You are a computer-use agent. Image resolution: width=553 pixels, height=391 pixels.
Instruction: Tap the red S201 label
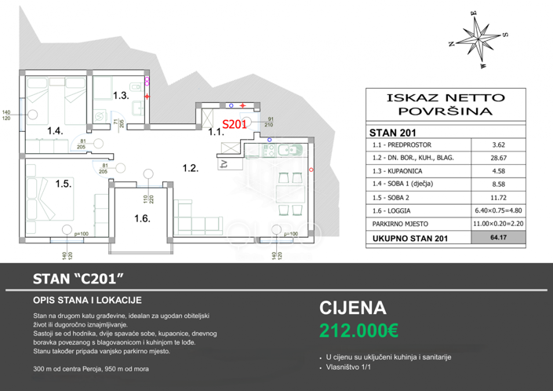click(x=235, y=124)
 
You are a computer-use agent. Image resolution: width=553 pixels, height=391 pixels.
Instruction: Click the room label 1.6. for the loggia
click(x=142, y=219)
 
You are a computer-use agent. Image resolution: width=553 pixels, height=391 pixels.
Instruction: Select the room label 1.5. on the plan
click(x=64, y=184)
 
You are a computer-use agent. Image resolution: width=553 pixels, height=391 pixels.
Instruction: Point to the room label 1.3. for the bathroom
click(x=119, y=96)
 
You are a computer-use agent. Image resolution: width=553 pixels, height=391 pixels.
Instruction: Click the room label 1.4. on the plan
click(x=54, y=130)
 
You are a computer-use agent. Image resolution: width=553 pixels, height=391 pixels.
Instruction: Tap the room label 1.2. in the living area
click(x=190, y=167)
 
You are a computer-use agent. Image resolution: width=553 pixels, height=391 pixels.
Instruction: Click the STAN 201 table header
click(x=393, y=131)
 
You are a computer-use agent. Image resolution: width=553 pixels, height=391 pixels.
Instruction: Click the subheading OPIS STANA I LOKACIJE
click(x=86, y=300)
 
